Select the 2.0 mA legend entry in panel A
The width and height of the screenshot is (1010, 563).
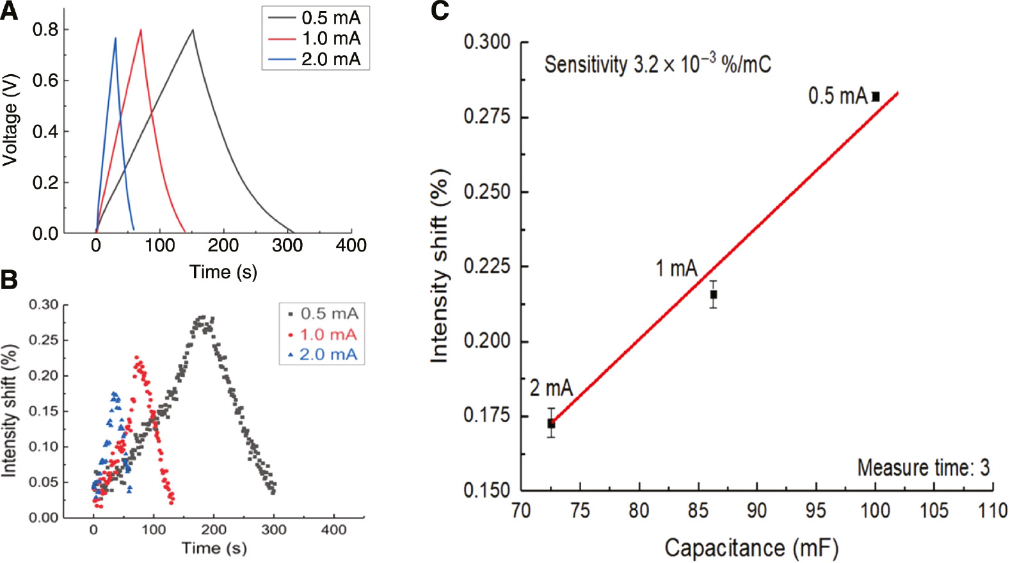coord(330,59)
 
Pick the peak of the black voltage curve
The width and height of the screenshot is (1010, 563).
coord(193,29)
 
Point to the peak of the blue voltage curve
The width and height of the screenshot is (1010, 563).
coord(115,38)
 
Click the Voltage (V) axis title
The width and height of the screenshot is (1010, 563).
coord(10,120)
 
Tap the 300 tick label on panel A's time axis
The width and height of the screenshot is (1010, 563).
coord(287,245)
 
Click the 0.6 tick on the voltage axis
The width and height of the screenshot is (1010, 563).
coord(45,81)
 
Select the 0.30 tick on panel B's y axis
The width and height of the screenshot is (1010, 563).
coord(43,305)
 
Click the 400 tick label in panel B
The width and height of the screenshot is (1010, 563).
coord(333,530)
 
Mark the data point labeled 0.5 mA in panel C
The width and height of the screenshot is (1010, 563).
coord(876,97)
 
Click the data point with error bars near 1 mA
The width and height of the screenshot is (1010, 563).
coord(714,294)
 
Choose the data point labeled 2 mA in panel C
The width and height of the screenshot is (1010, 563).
coord(551,424)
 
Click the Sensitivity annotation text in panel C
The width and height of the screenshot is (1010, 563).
coord(657,64)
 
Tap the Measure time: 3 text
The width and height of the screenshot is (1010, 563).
coord(923,468)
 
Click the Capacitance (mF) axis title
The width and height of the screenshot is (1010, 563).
coord(751,548)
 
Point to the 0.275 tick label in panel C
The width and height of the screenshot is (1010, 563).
coord(486,117)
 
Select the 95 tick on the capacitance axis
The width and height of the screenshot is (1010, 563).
coord(815,511)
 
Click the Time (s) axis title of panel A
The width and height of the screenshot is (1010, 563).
coord(223,272)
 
